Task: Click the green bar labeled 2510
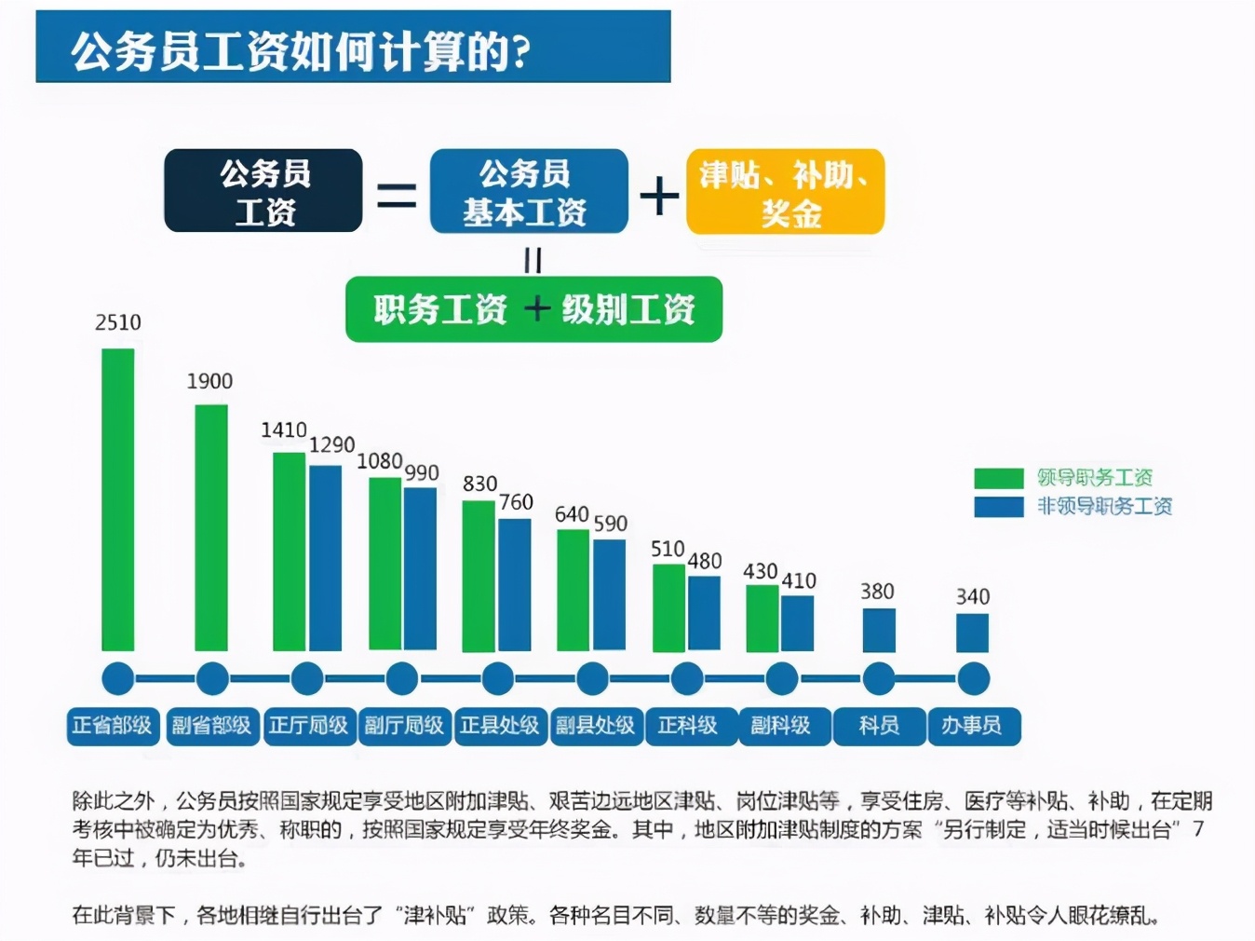point(117,499)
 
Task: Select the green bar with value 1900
point(211,527)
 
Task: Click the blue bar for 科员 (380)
point(879,630)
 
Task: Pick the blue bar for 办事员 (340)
point(972,633)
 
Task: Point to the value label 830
point(479,484)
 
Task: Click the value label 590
point(611,524)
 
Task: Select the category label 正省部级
point(113,726)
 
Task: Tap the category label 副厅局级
point(404,726)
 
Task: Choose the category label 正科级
point(688,726)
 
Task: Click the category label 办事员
point(973,726)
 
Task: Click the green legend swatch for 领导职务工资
point(998,478)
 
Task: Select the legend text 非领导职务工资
point(1104,506)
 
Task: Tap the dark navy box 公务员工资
point(263,191)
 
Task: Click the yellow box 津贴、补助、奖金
point(785,192)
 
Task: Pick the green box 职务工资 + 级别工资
point(533,309)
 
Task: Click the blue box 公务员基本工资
point(528,191)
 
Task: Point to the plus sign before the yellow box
point(659,196)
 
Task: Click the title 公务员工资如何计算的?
point(301,50)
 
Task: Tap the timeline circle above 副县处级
point(593,679)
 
